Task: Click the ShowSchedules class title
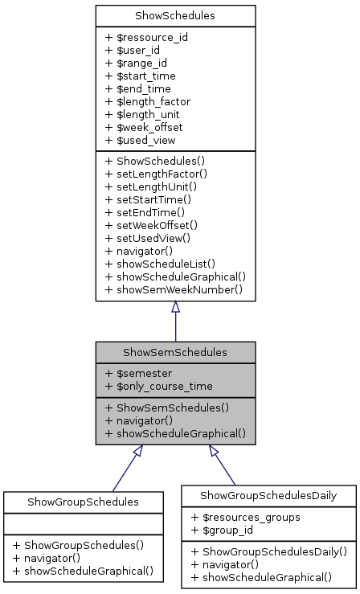(175, 15)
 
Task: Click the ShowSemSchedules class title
(175, 352)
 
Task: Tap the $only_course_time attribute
(158, 387)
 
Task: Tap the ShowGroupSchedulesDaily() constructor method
(269, 551)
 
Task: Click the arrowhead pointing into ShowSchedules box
(175, 307)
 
